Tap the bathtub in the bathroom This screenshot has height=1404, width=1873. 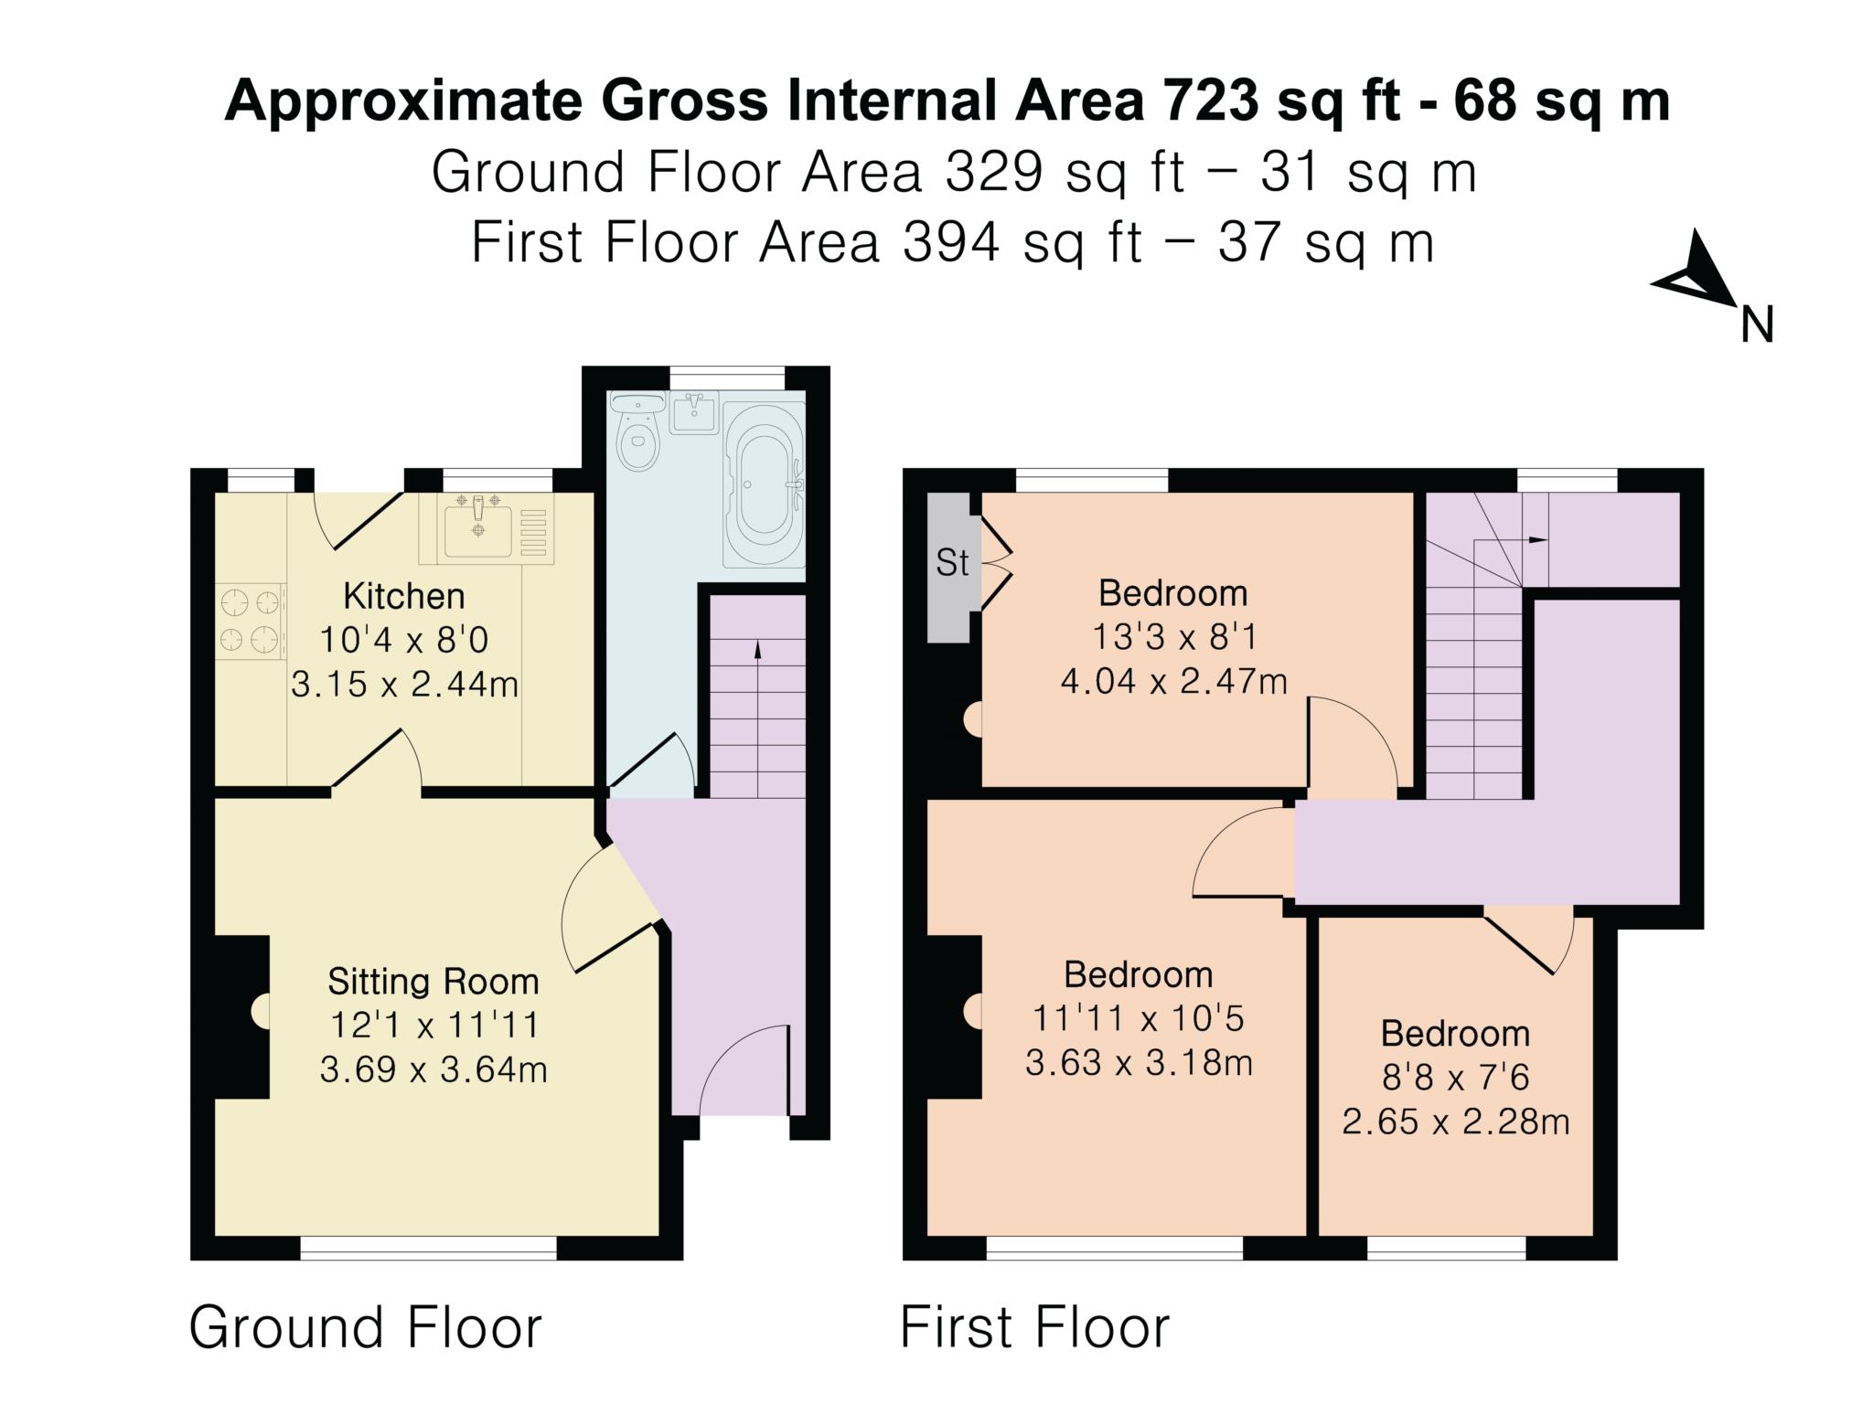pyautogui.click(x=764, y=484)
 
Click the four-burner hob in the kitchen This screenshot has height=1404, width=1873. pyautogui.click(x=251, y=622)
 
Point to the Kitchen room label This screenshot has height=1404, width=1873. pyautogui.click(x=404, y=596)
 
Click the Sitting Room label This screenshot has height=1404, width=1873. pyautogui.click(x=433, y=982)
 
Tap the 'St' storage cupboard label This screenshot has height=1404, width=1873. pyautogui.click(x=952, y=563)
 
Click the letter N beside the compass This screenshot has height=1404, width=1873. pyautogui.click(x=1757, y=325)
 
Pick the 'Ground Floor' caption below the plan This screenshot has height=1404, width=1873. pyautogui.click(x=366, y=1327)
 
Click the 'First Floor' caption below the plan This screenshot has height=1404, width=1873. pyautogui.click(x=1034, y=1327)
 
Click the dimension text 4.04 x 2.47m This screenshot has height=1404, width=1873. pyautogui.click(x=1173, y=681)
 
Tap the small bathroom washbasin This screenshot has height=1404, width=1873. pyautogui.click(x=694, y=413)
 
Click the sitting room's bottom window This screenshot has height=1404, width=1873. pyautogui.click(x=429, y=1249)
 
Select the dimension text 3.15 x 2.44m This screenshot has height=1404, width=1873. pyautogui.click(x=404, y=684)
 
